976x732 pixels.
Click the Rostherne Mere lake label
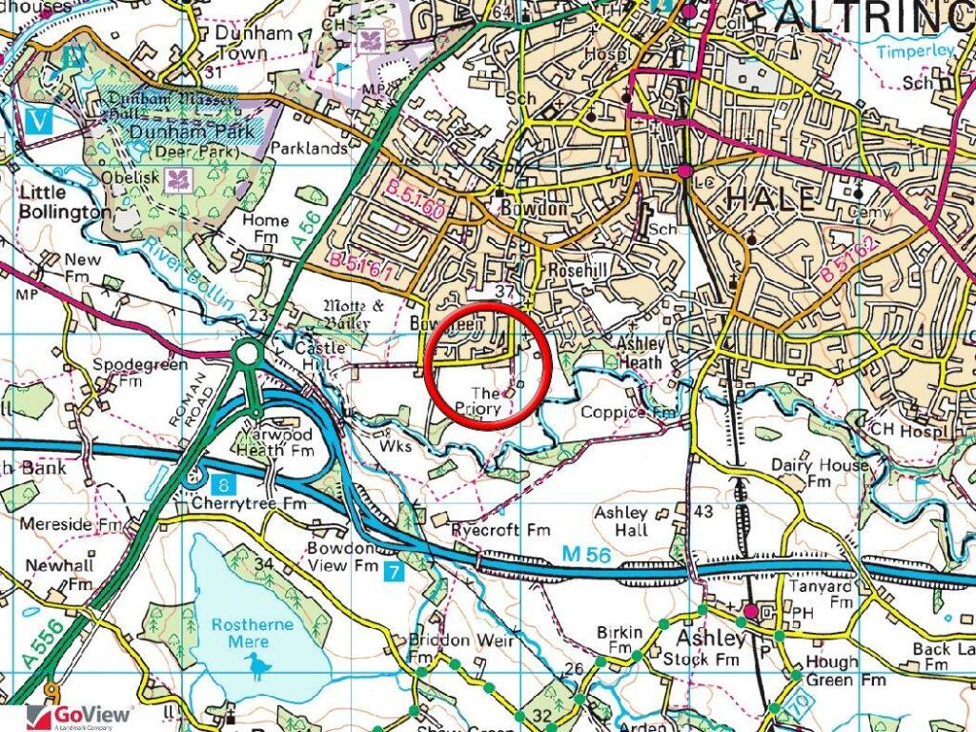pyautogui.click(x=253, y=633)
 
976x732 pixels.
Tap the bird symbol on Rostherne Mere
pyautogui.click(x=256, y=665)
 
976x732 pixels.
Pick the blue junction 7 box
pyautogui.click(x=394, y=573)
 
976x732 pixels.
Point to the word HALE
pyautogui.click(x=771, y=198)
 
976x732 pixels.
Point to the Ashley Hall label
pyautogui.click(x=622, y=521)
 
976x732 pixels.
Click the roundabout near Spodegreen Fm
pyautogui.click(x=249, y=355)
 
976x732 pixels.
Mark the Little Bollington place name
pyautogui.click(x=63, y=201)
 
